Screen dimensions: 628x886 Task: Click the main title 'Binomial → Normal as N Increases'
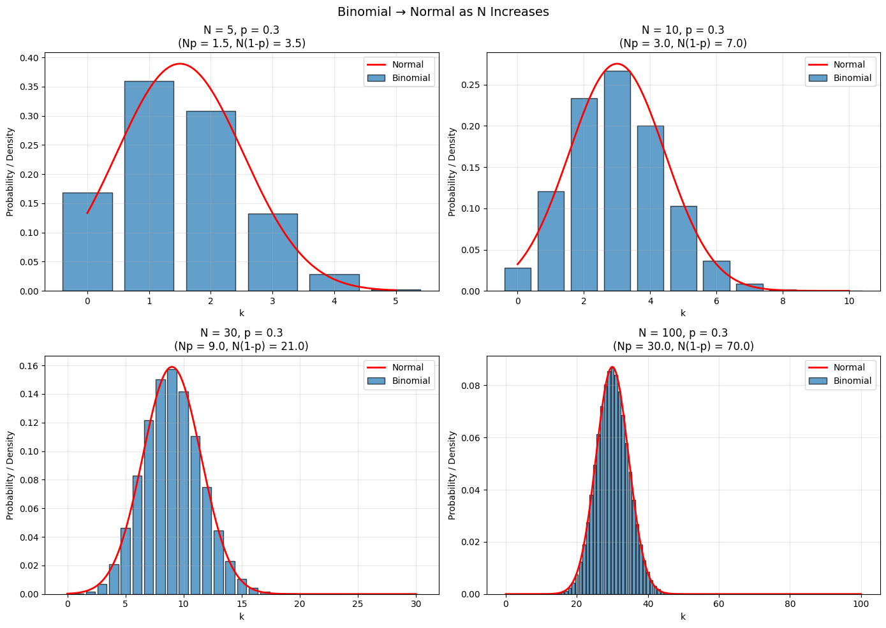[x=443, y=12]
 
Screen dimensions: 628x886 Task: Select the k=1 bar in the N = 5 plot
[x=149, y=186]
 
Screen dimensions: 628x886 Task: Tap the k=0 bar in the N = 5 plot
[x=87, y=242]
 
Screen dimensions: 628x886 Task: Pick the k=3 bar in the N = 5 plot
[x=272, y=252]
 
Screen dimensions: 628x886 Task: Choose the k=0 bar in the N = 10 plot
[x=517, y=279]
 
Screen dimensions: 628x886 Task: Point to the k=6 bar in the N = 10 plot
[x=716, y=276]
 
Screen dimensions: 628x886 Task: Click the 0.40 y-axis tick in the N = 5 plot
[x=29, y=58]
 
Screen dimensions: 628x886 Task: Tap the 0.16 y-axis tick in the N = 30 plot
[x=29, y=366]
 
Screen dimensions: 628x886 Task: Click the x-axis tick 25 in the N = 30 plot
[x=358, y=604]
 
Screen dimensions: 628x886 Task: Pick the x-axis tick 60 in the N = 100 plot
[x=719, y=604]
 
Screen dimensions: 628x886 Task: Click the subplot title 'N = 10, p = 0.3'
[x=683, y=30]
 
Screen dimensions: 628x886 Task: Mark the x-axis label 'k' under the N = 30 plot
[x=242, y=617]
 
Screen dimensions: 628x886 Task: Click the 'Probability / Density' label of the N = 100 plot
[x=452, y=475]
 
